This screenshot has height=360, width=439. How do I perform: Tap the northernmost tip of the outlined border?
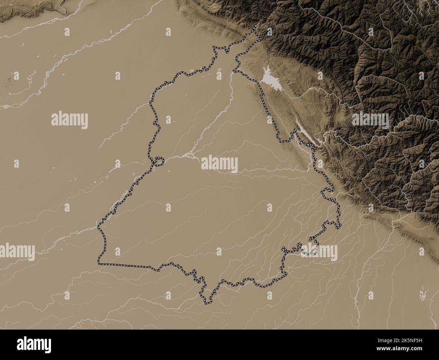coord(256,27)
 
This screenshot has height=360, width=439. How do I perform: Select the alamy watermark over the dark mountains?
coord(370,119)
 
